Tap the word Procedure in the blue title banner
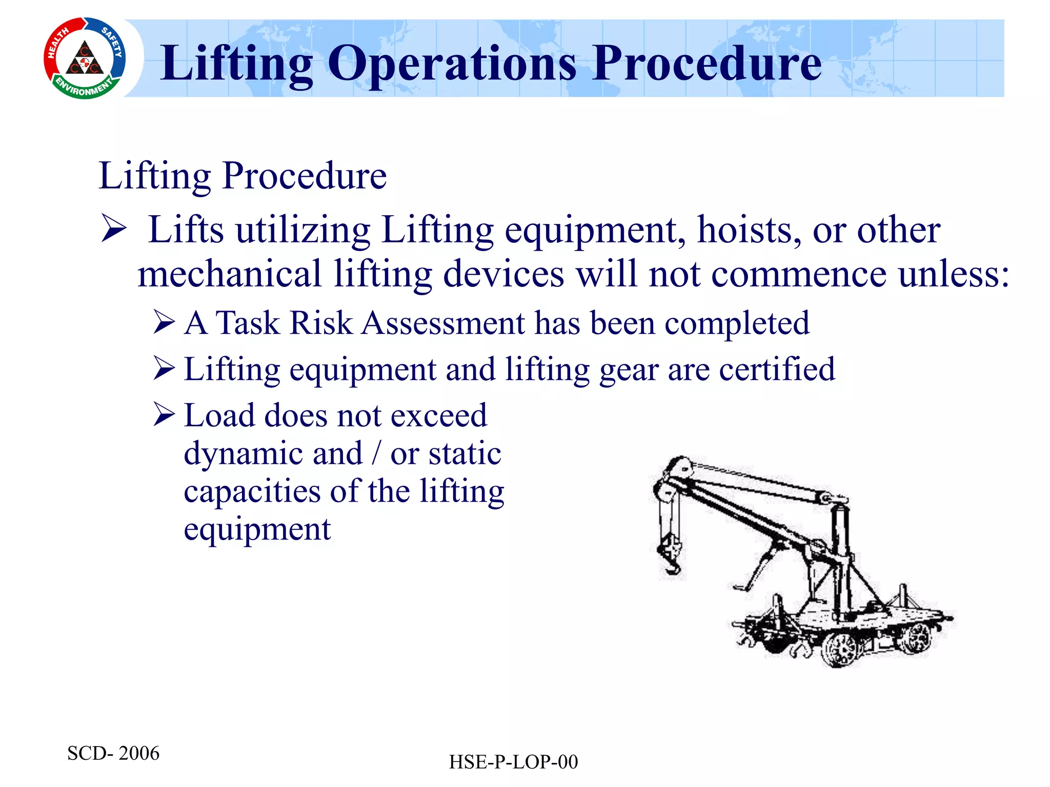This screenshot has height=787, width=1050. (708, 64)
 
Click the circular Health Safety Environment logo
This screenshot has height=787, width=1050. (85, 58)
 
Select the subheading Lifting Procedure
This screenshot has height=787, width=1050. (243, 176)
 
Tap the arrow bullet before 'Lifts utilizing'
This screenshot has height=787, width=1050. (113, 228)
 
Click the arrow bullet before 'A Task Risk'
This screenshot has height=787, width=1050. (164, 322)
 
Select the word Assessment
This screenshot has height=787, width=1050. (443, 323)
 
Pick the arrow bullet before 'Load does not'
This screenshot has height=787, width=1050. (164, 415)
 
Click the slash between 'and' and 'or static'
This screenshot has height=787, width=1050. (377, 453)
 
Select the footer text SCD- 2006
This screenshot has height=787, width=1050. (113, 753)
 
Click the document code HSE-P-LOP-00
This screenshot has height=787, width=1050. (513, 762)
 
